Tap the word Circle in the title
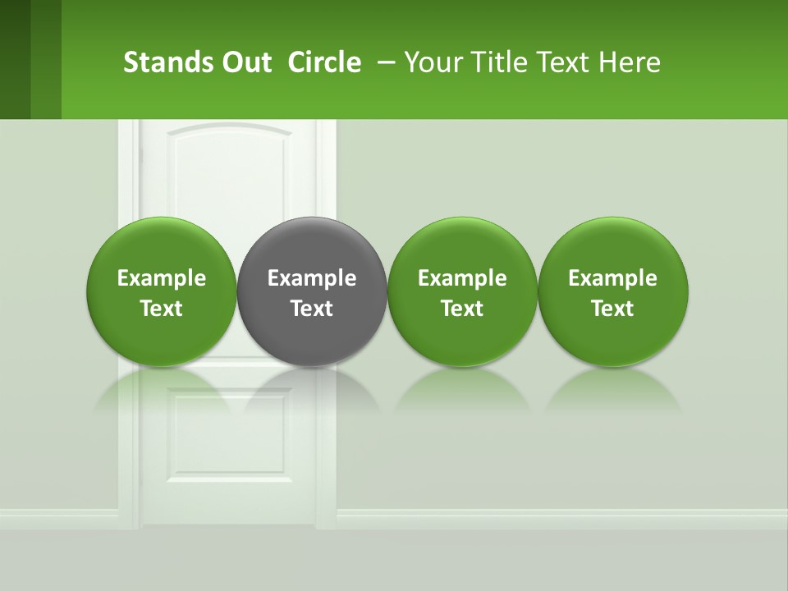point(324,62)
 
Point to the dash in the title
point(383,62)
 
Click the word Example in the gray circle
point(312,278)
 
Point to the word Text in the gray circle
point(312,309)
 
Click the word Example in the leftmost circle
point(162,278)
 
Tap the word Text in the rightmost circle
point(612,309)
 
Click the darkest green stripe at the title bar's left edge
point(15,59)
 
